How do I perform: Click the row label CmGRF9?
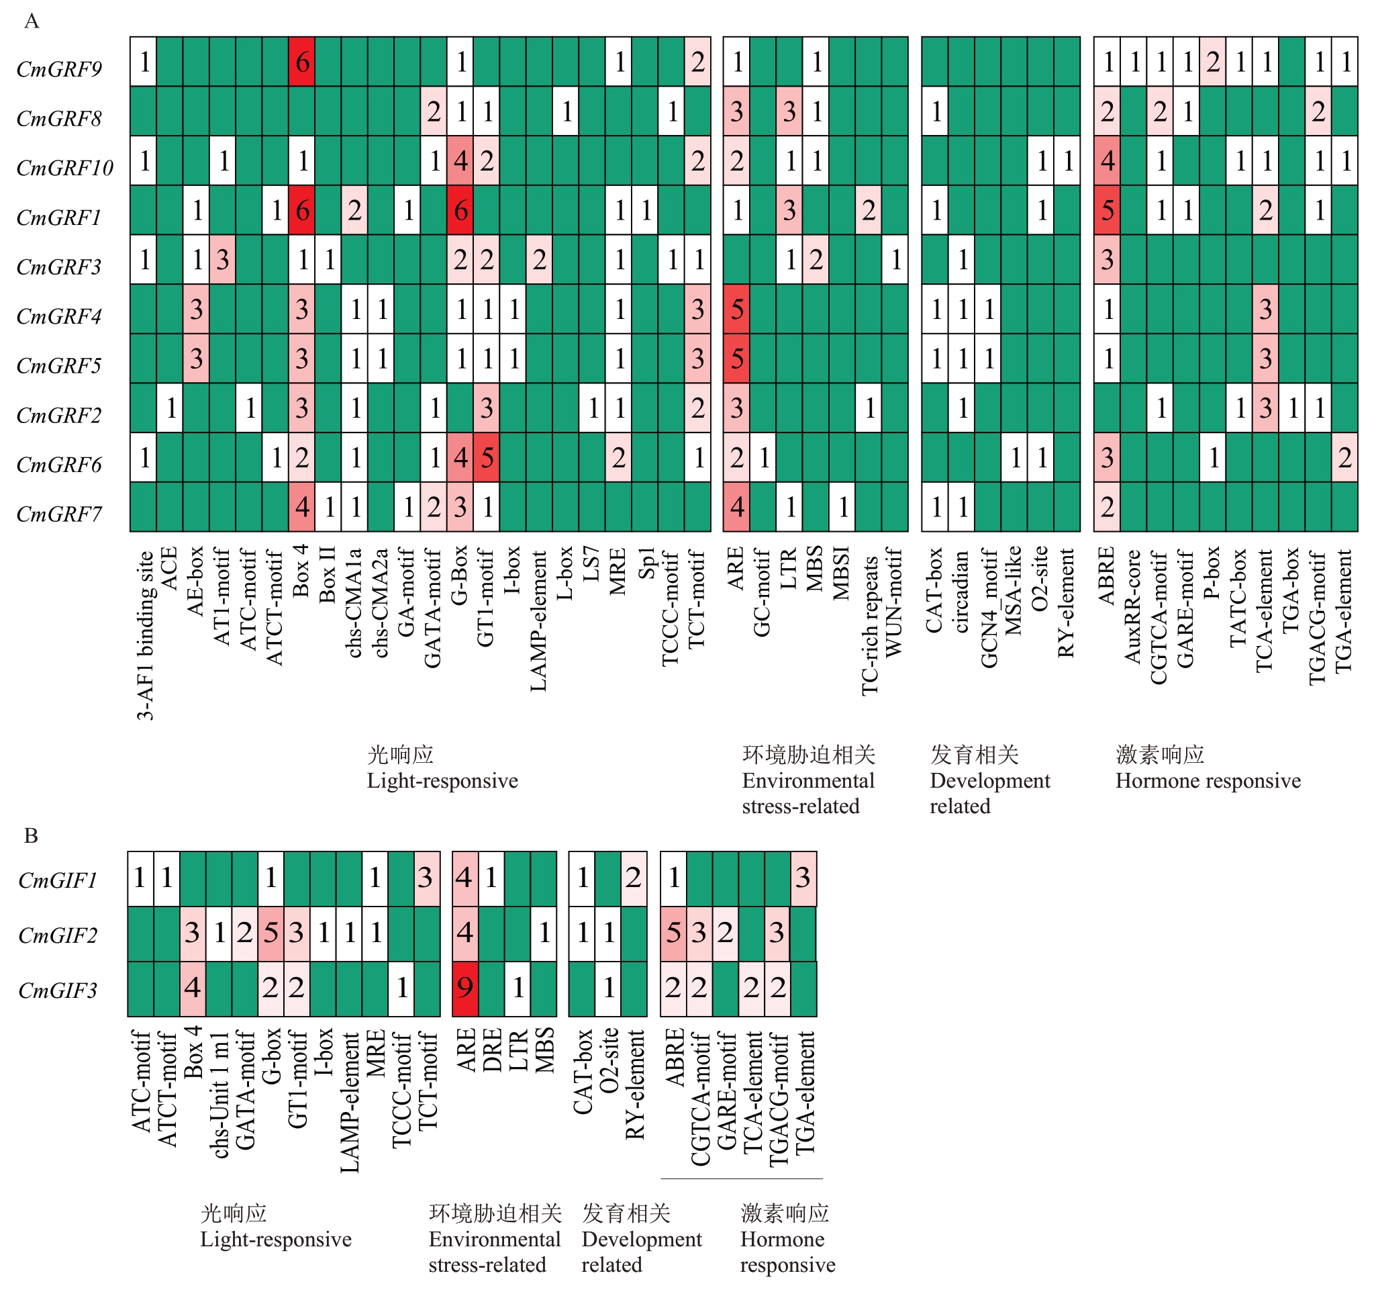[59, 68]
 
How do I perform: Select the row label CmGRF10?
[64, 168]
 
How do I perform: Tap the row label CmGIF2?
[58, 935]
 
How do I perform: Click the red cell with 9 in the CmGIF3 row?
[465, 988]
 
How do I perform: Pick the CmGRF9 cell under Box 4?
[301, 62]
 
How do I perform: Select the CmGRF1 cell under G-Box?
[461, 210]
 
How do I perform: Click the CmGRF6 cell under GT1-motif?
[487, 458]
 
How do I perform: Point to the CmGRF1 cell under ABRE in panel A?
[1107, 210]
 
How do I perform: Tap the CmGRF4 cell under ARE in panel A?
[737, 310]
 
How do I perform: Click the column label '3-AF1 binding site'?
[145, 635]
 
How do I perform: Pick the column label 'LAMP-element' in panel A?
[539, 620]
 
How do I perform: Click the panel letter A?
[31, 21]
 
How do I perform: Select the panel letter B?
[31, 835]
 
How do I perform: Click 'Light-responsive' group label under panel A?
[442, 781]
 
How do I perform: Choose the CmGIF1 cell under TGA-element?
[803, 878]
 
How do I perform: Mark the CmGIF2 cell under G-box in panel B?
[271, 933]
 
